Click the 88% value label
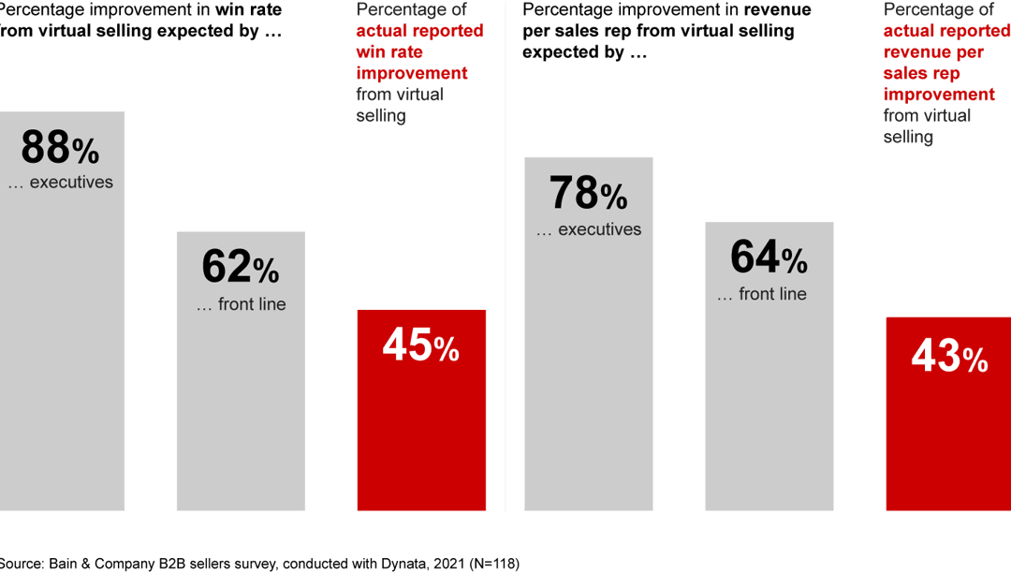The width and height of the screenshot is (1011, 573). click(x=59, y=148)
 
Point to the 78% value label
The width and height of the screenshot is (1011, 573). click(x=588, y=194)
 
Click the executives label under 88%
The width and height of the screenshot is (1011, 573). click(x=61, y=183)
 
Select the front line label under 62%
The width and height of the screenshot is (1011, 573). click(x=242, y=304)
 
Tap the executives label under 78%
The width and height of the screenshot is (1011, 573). click(x=589, y=229)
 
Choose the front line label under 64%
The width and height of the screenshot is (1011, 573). click(x=762, y=294)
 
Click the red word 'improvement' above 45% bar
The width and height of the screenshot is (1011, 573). click(x=412, y=73)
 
